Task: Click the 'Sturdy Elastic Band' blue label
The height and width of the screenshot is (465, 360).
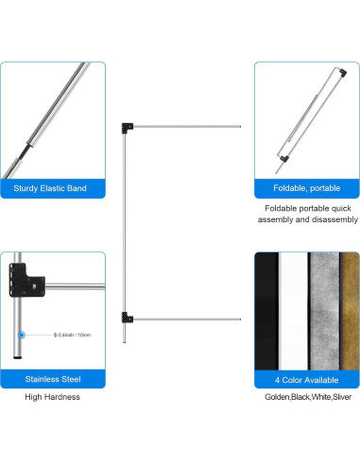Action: [52, 189]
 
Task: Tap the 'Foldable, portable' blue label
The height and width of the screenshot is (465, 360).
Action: [306, 189]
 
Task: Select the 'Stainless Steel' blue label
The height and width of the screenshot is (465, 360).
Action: [52, 379]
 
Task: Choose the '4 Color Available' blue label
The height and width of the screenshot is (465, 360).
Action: [306, 379]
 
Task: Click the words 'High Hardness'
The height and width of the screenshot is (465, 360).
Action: [52, 398]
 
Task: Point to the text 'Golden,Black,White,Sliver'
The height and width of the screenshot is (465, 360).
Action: [306, 398]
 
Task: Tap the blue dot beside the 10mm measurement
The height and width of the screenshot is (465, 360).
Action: [21, 335]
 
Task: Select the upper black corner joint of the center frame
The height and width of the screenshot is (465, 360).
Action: [127, 126]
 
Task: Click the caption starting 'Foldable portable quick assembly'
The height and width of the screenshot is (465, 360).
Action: [306, 213]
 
